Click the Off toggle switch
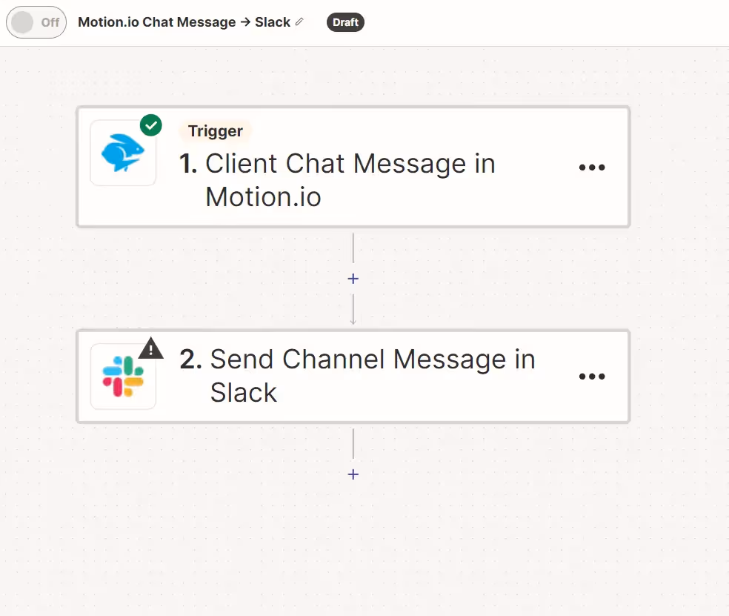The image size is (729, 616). coord(36,22)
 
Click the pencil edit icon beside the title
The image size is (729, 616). coord(299,21)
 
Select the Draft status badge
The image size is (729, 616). coord(345,22)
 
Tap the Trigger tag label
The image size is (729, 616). coord(215,131)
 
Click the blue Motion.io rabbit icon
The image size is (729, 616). coord(123,153)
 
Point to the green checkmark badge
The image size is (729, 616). coord(151,125)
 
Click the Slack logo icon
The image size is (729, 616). coord(123,377)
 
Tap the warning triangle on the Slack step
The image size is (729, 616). coord(151,348)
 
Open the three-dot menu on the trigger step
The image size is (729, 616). coord(591,168)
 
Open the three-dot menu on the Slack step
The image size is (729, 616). coord(591,377)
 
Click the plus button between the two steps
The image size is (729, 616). coord(353,279)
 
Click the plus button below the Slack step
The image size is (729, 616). coord(353,474)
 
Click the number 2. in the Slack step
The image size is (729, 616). coord(190,360)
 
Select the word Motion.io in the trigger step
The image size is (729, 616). coord(263,196)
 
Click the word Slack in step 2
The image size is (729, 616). coord(243,392)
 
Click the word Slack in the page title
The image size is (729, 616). coord(273,22)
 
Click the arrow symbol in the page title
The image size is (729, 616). coord(245,22)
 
